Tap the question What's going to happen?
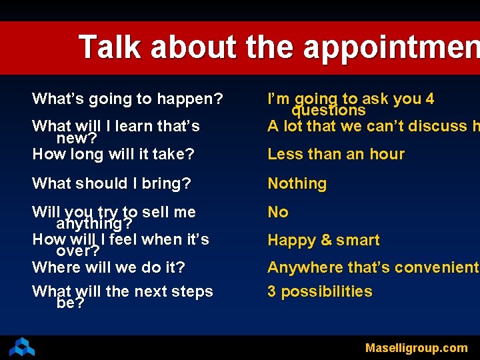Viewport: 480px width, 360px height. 127,99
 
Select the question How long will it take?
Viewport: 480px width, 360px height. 113,155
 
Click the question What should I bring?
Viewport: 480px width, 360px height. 111,183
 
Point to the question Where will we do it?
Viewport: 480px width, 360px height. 109,267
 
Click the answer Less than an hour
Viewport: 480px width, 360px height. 336,154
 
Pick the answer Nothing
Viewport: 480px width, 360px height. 297,183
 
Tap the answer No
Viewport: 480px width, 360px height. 278,212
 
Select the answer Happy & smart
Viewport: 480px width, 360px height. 323,240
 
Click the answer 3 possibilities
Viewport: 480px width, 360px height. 320,291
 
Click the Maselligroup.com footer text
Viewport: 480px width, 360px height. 416,347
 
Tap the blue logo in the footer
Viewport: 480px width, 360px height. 22,347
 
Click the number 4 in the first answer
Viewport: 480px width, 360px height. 429,99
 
